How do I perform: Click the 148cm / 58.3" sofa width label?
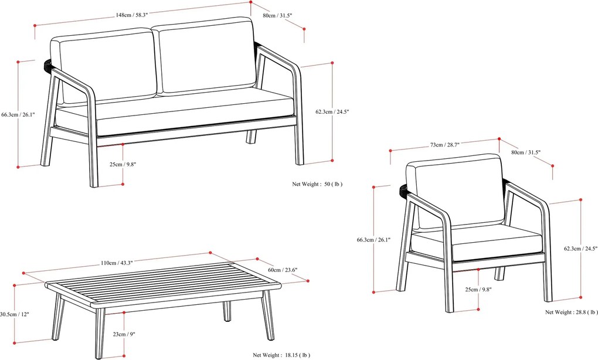click(x=132, y=15)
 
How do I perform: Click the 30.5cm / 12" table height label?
click(x=14, y=314)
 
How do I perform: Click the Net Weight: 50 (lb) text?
click(x=317, y=184)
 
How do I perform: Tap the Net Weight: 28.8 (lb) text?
click(x=572, y=313)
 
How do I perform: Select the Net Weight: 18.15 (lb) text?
click(x=281, y=355)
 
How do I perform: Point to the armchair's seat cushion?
click(x=481, y=240)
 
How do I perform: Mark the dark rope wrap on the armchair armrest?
click(x=403, y=191)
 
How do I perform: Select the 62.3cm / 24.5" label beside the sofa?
click(x=332, y=111)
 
